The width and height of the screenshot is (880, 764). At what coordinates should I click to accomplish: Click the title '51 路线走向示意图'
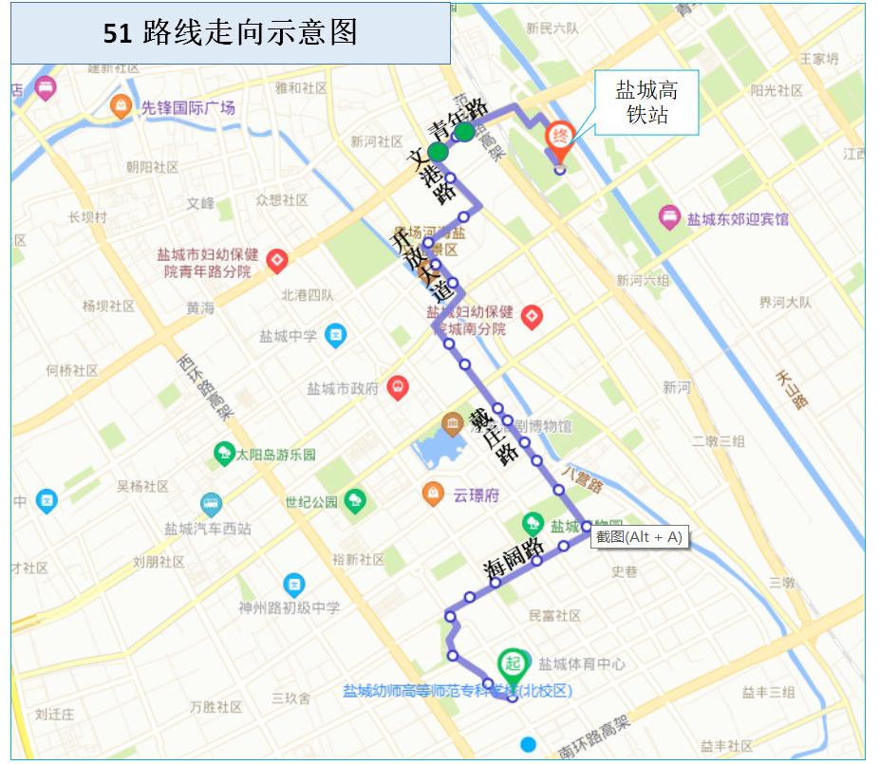point(231,32)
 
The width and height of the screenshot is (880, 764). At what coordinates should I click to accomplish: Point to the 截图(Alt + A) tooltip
point(638,537)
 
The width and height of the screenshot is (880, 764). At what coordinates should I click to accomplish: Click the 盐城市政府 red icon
point(397,387)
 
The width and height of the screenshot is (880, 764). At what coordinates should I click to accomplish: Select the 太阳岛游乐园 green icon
point(224,454)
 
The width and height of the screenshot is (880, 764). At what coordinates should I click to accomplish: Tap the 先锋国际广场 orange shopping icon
point(122,106)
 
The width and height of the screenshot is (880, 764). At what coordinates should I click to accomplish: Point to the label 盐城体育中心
point(581,664)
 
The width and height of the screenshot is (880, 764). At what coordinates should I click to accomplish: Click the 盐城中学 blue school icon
point(335,335)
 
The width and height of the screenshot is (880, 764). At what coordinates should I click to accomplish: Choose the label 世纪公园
point(311,501)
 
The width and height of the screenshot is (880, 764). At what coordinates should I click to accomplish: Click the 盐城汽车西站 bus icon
point(211,503)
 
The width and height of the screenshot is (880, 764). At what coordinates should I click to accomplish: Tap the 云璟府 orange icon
point(433,494)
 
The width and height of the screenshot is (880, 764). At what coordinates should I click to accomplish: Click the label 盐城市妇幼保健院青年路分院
point(208,263)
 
